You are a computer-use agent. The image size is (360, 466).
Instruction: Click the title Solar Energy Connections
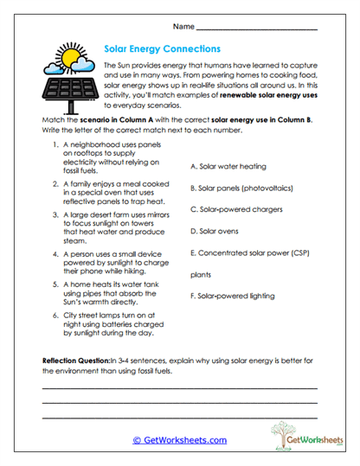pos(162,50)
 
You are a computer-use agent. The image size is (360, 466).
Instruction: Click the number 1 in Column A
pos(55,145)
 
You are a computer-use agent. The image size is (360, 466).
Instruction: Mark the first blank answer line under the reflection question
pos(179,387)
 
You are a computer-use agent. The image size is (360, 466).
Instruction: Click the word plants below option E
pos(201,274)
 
